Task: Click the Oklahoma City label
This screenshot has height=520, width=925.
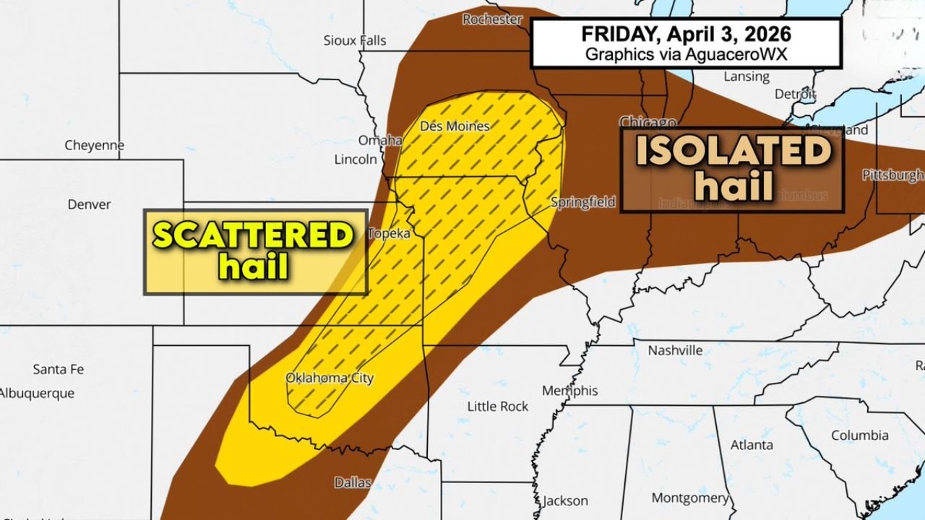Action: pos(330,378)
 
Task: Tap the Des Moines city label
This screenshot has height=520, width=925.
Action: pos(455,126)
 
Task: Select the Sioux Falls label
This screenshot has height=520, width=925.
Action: pos(355,40)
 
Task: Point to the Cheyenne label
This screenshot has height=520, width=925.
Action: pos(94,145)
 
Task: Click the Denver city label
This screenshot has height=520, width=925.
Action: pos(89,204)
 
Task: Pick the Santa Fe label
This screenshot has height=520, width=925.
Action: pos(58,369)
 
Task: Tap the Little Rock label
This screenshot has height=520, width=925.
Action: pos(498,407)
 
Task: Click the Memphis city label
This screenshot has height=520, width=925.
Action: pos(570,391)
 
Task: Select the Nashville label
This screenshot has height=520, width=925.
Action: pos(675,350)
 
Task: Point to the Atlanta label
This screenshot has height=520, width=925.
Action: pos(752,445)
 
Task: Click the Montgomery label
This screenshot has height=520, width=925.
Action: pos(690,498)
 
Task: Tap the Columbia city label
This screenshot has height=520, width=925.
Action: pos(859,435)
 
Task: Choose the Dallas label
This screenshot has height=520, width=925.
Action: pos(353,482)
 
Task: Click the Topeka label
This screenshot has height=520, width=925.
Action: pos(390,233)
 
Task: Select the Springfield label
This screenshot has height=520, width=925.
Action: pos(582,202)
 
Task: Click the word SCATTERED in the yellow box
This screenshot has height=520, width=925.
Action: pos(253,236)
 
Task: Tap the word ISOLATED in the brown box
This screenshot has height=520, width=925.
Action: pos(733,152)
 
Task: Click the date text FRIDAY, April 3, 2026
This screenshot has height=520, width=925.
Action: pos(686,35)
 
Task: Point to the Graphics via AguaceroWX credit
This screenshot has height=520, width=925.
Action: pos(686,54)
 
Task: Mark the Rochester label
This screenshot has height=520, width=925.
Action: pos(492,19)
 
